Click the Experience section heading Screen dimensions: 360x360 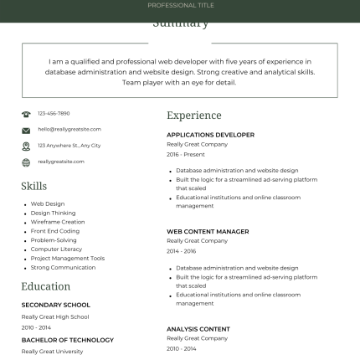193,116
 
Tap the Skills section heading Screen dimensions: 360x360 34,186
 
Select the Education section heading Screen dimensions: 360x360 46,286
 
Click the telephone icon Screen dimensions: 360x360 26,114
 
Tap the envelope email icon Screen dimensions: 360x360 26,130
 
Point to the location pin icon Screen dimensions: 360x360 26,146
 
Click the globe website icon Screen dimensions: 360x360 26,162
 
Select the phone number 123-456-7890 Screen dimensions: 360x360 54,113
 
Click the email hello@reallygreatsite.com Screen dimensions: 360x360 69,129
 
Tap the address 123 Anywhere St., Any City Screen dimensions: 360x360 69,146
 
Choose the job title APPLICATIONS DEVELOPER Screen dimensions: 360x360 210,135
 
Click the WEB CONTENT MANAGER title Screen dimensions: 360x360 208,231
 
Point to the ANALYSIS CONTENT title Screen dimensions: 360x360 198,329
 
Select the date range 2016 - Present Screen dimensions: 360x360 185,154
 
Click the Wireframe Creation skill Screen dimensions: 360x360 58,222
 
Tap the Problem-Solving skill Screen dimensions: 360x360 54,240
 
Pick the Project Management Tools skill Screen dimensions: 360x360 68,259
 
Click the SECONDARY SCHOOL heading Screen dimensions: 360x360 55,305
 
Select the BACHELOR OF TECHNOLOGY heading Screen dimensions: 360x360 67,340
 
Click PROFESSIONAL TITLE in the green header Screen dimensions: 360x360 181,5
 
